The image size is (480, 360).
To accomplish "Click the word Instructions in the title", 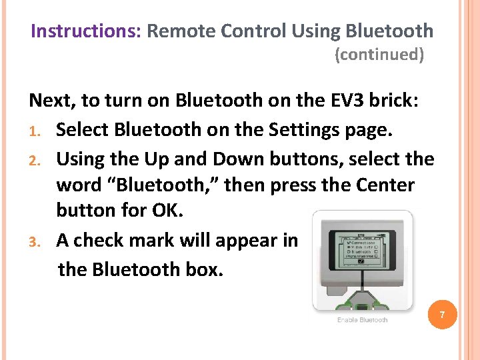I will [85, 31].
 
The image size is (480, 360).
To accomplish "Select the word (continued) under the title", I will [379, 55].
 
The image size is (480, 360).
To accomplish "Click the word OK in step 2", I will [166, 210].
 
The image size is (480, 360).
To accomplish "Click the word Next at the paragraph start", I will [51, 101].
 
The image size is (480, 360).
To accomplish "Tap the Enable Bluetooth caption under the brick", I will [362, 320].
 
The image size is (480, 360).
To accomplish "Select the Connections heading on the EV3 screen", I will [363, 242].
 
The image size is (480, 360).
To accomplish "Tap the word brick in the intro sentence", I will [393, 101].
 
